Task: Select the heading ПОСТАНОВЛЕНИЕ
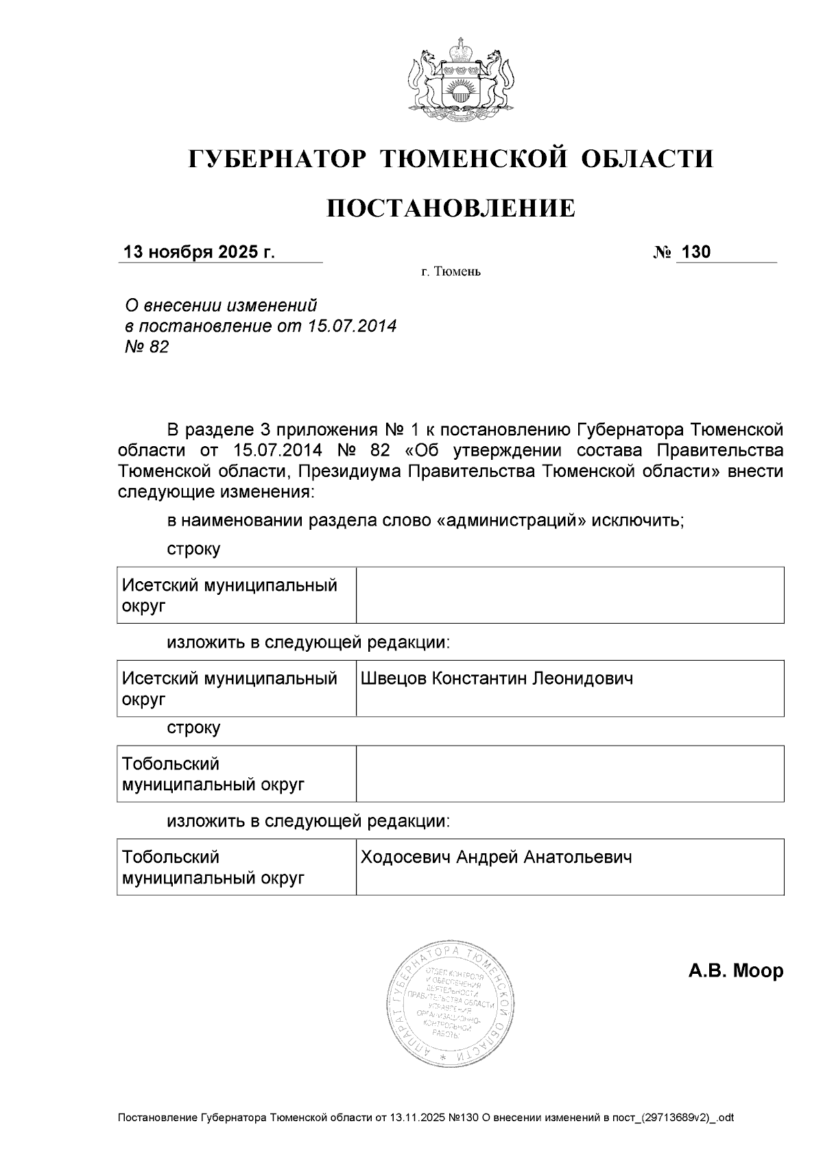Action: click(451, 208)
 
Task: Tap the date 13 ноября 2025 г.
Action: click(199, 252)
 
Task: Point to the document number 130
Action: click(696, 252)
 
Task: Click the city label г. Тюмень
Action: click(451, 272)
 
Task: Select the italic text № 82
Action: click(145, 347)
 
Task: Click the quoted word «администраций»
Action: click(512, 520)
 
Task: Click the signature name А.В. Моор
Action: click(735, 970)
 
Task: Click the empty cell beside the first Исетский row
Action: click(569, 595)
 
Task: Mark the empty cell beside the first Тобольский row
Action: click(569, 774)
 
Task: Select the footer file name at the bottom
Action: click(425, 1118)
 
